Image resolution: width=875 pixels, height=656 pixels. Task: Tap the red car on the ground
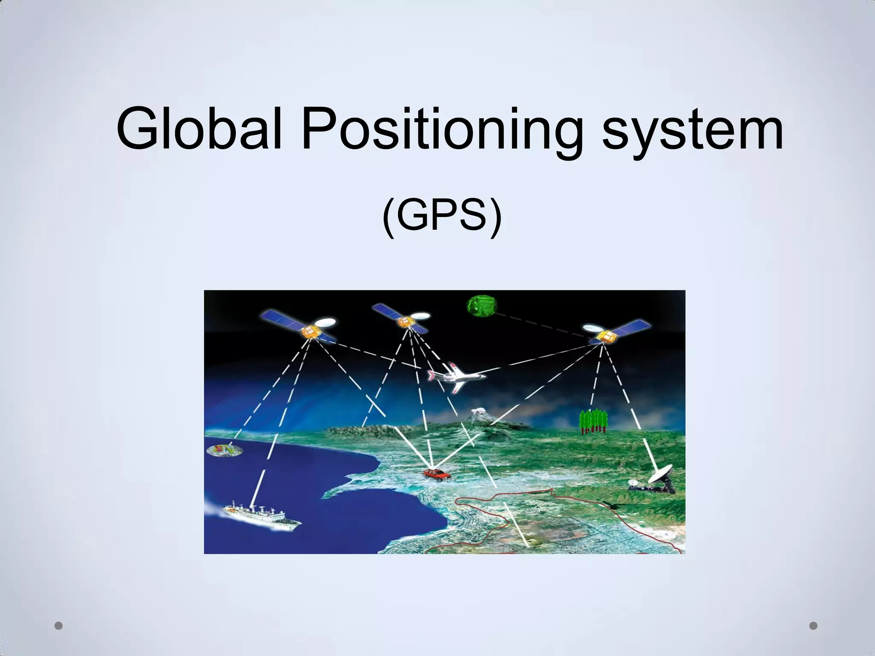[x=436, y=474]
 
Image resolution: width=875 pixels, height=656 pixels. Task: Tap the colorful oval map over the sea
[x=223, y=450]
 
